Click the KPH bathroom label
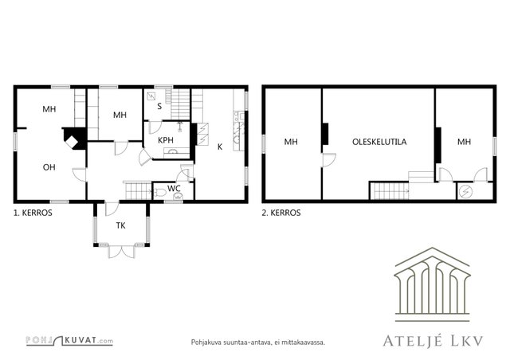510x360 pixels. point(166,140)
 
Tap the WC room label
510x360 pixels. point(174,188)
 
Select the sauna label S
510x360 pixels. point(159,107)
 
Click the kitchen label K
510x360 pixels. point(220,147)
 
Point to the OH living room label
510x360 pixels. point(49,167)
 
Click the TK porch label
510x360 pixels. point(120,225)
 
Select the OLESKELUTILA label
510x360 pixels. point(379,142)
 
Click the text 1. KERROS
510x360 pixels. point(33,213)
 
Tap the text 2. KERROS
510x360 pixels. point(281,213)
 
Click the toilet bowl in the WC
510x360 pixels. point(160,193)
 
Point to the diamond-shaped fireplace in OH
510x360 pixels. point(72,142)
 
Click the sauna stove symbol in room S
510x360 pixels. point(151,96)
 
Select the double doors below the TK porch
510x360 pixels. point(121,252)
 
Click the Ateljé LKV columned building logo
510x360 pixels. point(432,284)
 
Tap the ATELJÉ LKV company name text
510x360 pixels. point(433,341)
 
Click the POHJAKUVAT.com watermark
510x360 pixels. point(69,341)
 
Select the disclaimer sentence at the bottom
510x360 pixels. point(258,342)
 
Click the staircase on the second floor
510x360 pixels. point(390,191)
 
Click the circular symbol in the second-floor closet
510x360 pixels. point(464,192)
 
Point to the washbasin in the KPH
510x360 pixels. point(174,151)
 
